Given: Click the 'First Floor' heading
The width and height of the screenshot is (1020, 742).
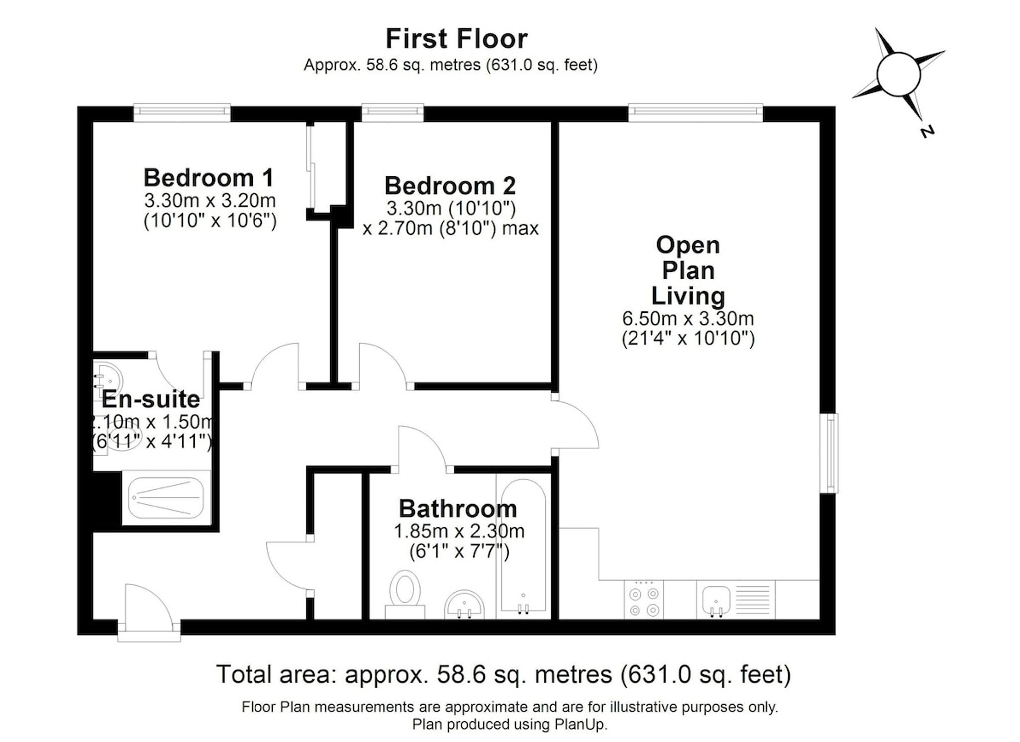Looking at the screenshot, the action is (457, 39).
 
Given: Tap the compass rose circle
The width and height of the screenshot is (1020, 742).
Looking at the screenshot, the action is (898, 74).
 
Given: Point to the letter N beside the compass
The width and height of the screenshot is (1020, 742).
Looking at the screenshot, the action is (927, 132).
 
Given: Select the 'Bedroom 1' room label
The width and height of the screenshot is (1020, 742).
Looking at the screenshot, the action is (209, 177).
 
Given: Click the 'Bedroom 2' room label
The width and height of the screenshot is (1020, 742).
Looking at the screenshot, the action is (450, 185).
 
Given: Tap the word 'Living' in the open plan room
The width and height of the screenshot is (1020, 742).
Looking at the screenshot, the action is (688, 296).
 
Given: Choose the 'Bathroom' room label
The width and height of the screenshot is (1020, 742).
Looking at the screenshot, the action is (458, 509).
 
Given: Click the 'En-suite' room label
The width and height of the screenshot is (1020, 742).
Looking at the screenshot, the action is (151, 399).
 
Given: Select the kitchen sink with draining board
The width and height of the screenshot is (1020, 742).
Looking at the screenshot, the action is (736, 600).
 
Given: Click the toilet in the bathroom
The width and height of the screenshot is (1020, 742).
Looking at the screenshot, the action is (405, 595).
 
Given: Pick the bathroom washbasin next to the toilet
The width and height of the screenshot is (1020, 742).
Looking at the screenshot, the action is (464, 605).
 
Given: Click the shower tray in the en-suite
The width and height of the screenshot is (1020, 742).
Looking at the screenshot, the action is (166, 497).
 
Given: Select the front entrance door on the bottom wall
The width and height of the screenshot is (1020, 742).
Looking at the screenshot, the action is (149, 613).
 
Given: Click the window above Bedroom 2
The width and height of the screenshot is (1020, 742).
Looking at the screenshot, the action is (392, 112).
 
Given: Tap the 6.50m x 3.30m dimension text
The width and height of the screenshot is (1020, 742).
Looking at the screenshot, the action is (688, 318).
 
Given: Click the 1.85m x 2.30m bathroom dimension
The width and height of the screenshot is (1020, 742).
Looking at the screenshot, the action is (459, 532).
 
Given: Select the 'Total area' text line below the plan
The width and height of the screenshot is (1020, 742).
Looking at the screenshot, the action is (504, 674).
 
